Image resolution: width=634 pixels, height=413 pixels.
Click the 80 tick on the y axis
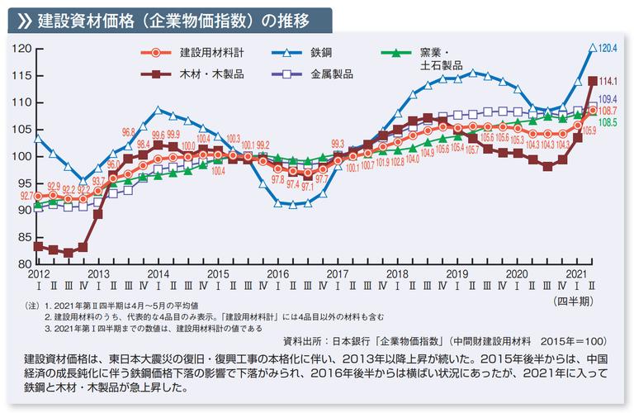[22, 263]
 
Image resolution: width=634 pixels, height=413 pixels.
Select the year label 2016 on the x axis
[278, 273]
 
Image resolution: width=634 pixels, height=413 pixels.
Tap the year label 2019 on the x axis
[457, 273]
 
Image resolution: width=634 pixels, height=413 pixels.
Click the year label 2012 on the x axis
[39, 273]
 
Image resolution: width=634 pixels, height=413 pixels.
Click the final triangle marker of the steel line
[592, 48]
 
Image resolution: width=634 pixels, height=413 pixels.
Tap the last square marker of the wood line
[592, 81]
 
